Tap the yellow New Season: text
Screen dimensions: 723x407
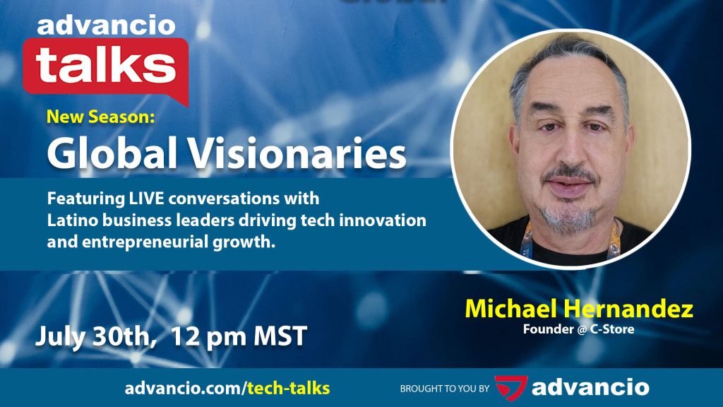pyautogui.click(x=100, y=117)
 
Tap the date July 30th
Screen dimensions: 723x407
pyautogui.click(x=94, y=336)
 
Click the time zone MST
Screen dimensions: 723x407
pyautogui.click(x=280, y=336)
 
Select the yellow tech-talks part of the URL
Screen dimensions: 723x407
pyautogui.click(x=289, y=388)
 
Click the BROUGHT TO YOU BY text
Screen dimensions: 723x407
pyautogui.click(x=445, y=389)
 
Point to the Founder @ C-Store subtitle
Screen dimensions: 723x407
pyautogui.click(x=579, y=329)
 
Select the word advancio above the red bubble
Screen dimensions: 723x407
pyautogui.click(x=106, y=26)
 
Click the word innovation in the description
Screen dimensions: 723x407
pyautogui.click(x=383, y=220)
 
